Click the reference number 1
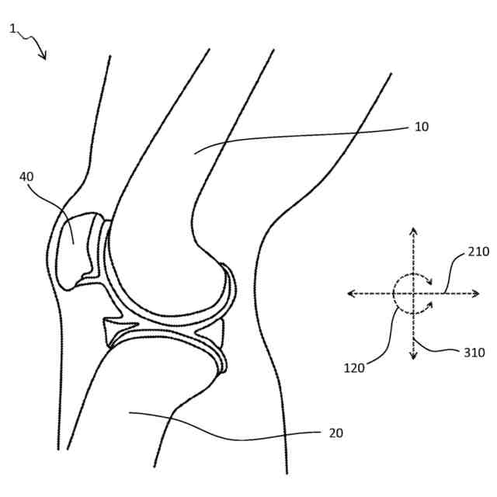12,29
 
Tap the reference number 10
421,127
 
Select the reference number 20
335,433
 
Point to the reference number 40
26,176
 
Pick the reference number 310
474,352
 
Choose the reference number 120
353,368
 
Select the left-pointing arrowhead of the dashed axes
351,294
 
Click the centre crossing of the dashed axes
413,294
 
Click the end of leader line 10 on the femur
196,152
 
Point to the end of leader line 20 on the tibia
130,413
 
